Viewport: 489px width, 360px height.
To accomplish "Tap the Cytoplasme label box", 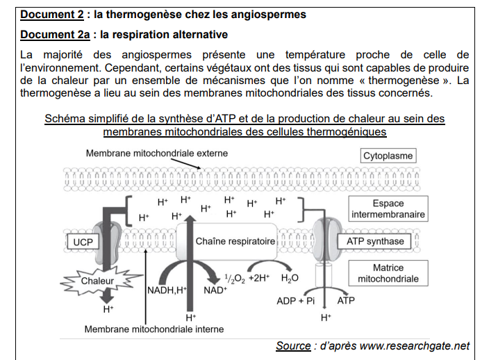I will pos(388,156).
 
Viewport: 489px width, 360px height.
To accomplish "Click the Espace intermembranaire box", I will pos(388,209).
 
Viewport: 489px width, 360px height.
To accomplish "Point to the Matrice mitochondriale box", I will pos(388,273).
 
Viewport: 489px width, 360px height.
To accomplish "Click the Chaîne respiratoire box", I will pos(235,242).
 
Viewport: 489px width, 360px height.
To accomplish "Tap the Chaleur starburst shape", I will pos(97,281).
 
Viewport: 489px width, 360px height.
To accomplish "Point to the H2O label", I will pos(290,279).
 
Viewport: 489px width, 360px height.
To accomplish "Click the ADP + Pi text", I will pos(296,301).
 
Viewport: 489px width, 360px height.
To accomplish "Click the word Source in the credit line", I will pos(293,345).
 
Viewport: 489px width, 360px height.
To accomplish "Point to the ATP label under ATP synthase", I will pos(346,301).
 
